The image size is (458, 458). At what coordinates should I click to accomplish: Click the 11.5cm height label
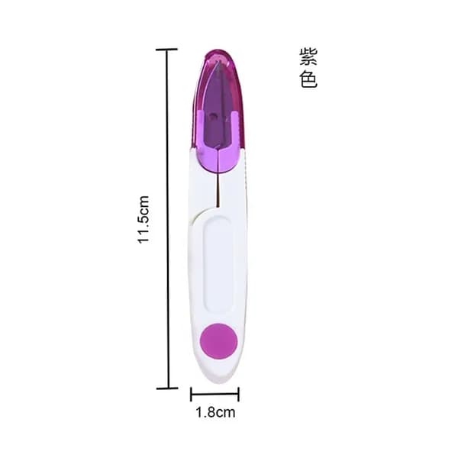[x=144, y=220]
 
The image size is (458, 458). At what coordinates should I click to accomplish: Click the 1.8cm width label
[x=215, y=413]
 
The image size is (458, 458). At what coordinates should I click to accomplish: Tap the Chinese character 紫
[x=308, y=56]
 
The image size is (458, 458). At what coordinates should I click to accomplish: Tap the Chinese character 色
[x=308, y=79]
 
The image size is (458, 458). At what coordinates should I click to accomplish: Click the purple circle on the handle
[x=218, y=341]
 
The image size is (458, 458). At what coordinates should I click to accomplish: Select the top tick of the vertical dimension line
[x=166, y=50]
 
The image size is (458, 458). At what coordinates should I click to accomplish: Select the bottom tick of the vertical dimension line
[x=167, y=389]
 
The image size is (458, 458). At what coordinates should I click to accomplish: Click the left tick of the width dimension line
[x=191, y=394]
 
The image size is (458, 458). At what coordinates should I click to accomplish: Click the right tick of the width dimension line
[x=238, y=394]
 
